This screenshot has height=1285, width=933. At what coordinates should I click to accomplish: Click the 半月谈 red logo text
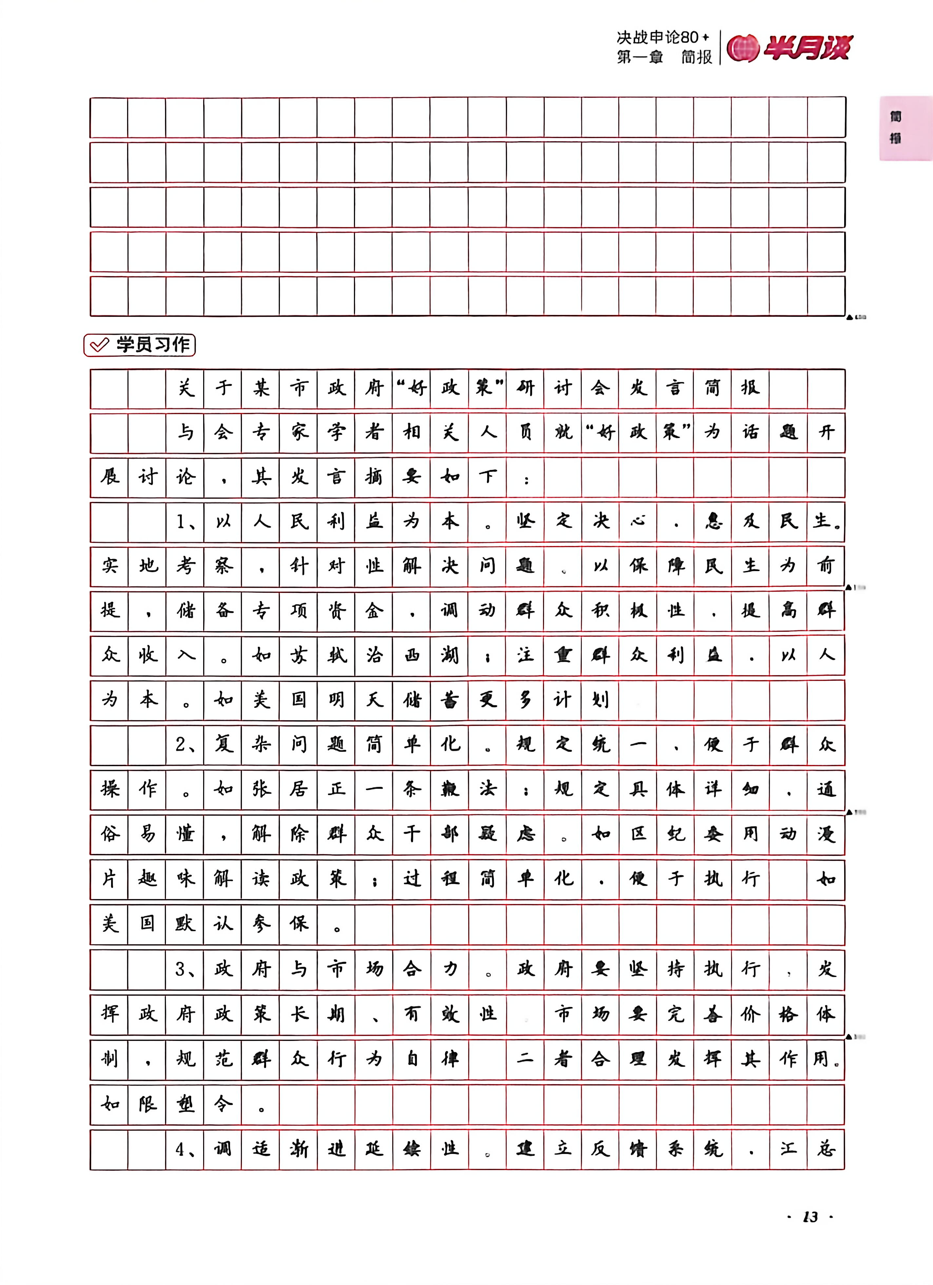pyautogui.click(x=807, y=48)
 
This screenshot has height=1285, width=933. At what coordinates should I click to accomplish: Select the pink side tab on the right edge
pyautogui.click(x=905, y=128)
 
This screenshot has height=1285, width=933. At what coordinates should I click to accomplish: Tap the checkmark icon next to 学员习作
pyautogui.click(x=100, y=345)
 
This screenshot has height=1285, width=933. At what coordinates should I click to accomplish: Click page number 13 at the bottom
pyautogui.click(x=810, y=1216)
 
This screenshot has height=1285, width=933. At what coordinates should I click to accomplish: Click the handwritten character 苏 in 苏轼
pyautogui.click(x=299, y=656)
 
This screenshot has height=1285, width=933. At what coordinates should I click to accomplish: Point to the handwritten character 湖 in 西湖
pyautogui.click(x=449, y=656)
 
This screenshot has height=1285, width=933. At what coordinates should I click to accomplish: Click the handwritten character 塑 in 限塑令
pyautogui.click(x=185, y=1104)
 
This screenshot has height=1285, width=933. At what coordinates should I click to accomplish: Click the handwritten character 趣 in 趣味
pyautogui.click(x=147, y=879)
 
